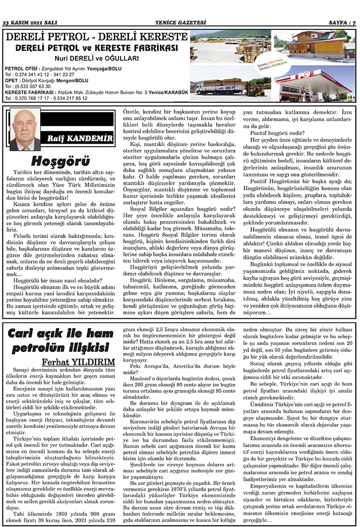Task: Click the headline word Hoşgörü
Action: pos(60,161)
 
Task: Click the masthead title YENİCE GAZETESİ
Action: pos(180,23)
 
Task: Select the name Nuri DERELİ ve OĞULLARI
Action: pos(96,58)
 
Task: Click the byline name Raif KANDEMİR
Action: pos(79,139)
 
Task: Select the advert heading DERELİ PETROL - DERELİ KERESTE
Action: pos(96,37)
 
